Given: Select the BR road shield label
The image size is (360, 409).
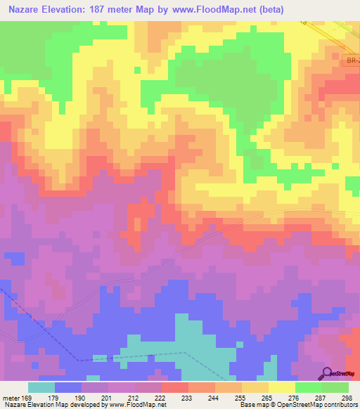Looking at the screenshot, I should pyautogui.click(x=353, y=63).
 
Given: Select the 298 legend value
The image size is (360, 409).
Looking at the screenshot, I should pyautogui.click(x=346, y=396).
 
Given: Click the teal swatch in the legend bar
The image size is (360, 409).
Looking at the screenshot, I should pyautogui.click(x=41, y=387).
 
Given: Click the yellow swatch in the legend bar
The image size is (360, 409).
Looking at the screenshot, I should pyautogui.click(x=282, y=387).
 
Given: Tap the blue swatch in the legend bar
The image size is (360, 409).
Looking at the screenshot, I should pyautogui.click(x=68, y=387).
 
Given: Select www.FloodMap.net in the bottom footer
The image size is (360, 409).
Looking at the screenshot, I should pyautogui.click(x=137, y=404).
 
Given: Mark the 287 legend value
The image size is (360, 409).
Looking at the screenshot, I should pyautogui.click(x=321, y=396).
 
